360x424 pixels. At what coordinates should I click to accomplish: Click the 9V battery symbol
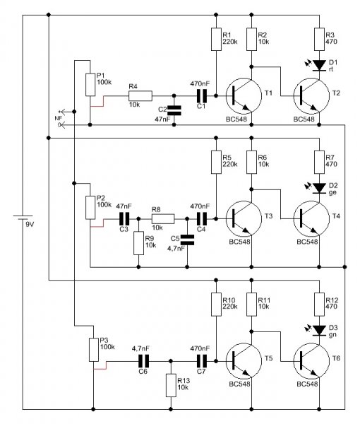pos(23,218)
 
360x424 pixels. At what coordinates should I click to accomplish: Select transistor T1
pos(244,95)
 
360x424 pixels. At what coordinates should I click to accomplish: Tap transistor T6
pos(311,360)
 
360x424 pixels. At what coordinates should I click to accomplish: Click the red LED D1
pos(319,66)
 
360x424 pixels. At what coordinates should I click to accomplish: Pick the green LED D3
pos(319,331)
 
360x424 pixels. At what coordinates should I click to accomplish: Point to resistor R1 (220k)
pos(216,39)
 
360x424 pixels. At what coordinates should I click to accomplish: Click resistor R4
pos(140,95)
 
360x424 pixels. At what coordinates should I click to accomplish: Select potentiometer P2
pos(90,208)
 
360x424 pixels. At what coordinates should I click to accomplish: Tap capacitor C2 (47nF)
pos(174,110)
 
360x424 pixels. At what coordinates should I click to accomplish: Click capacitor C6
pos(143,360)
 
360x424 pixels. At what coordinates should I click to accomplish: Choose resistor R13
pos(171,385)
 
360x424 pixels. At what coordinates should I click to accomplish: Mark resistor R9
pos(138,243)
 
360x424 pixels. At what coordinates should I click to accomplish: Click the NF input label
pos(58,119)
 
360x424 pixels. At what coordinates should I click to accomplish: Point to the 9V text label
pos(30,224)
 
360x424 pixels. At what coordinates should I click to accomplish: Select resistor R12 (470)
pos(319,305)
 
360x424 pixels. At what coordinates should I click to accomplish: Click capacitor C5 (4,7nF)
pos(187,240)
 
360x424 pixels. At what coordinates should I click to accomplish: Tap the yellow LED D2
pos(319,188)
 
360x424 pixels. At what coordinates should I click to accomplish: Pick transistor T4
pos(311,218)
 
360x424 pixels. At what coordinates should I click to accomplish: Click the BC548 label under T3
pos(239,242)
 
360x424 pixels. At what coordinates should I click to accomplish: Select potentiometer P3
pos(94,350)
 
